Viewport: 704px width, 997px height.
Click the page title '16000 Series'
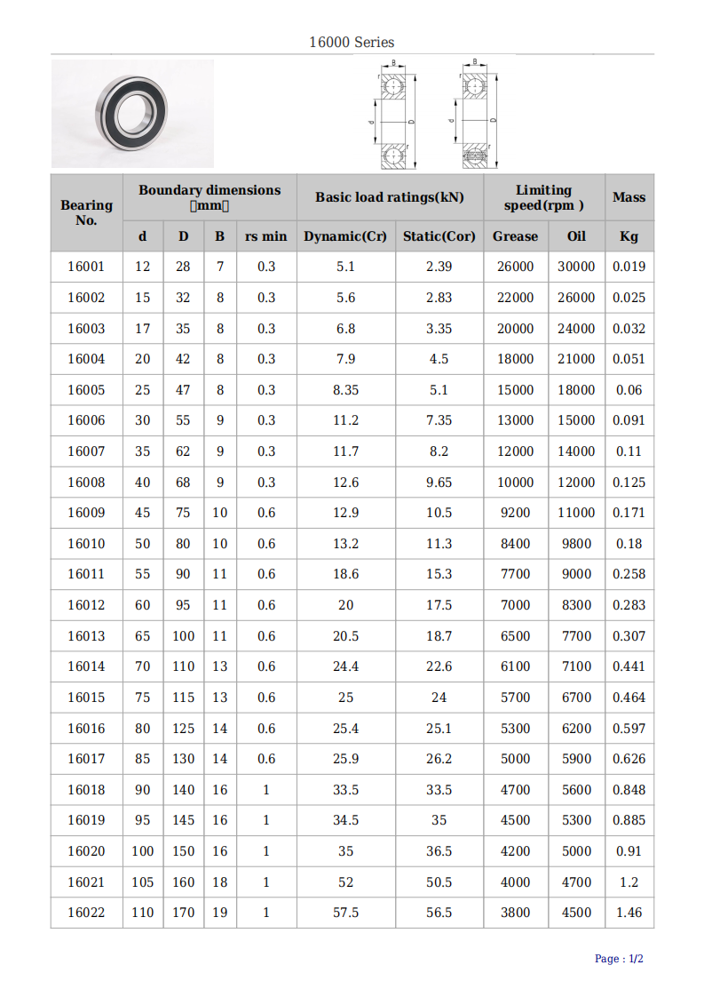click(352, 42)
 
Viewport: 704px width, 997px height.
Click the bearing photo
click(132, 113)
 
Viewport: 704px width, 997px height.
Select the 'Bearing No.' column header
click(86, 212)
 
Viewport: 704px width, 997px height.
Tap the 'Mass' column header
click(629, 197)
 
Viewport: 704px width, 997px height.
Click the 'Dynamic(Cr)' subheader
click(345, 236)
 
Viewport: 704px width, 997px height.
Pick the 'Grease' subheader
click(515, 236)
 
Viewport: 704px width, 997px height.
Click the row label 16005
click(86, 390)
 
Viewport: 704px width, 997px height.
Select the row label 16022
click(86, 913)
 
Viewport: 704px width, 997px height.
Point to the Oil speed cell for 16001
click(576, 267)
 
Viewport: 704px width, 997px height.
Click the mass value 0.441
click(629, 666)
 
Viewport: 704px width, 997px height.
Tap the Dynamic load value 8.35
click(345, 390)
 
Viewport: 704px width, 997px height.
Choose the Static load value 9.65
click(439, 483)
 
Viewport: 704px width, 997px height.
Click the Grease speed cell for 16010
click(515, 544)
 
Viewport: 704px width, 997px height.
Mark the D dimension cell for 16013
click(183, 636)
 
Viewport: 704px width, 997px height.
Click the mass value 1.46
click(629, 913)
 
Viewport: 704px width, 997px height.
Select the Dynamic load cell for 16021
click(345, 882)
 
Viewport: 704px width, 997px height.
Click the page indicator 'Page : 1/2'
click(619, 959)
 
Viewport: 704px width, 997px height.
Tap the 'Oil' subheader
click(576, 236)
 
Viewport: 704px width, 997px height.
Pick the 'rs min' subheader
click(266, 236)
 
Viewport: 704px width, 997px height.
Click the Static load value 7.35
click(439, 420)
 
